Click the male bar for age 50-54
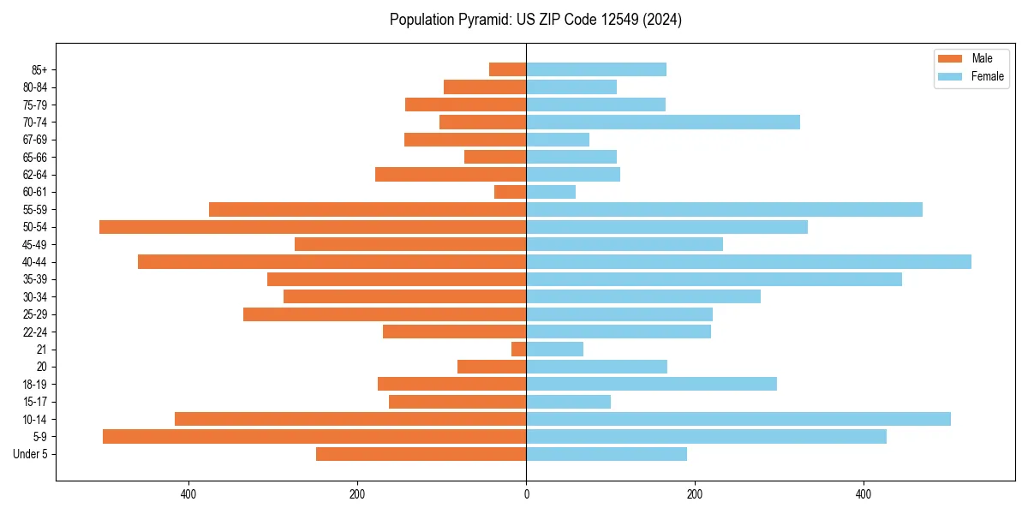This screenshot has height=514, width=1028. (313, 227)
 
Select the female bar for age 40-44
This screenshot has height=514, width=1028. (749, 261)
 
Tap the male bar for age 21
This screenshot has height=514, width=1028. (519, 349)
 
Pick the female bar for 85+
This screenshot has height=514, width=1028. (596, 69)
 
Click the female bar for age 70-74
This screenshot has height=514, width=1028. (663, 122)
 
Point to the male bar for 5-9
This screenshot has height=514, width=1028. (314, 436)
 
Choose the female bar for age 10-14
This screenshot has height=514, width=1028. (738, 419)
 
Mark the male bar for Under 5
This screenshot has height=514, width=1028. (421, 454)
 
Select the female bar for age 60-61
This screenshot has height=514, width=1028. (551, 192)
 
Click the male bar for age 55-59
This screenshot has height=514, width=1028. (368, 209)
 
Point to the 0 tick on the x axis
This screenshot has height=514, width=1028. (526, 494)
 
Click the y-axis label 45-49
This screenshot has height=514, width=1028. (33, 244)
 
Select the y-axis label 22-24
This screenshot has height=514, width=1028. (33, 332)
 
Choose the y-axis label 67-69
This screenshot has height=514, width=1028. (33, 140)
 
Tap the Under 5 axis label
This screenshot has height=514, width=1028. (30, 454)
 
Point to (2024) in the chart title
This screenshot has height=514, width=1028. (665, 20)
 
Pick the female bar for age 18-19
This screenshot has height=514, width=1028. (651, 384)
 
